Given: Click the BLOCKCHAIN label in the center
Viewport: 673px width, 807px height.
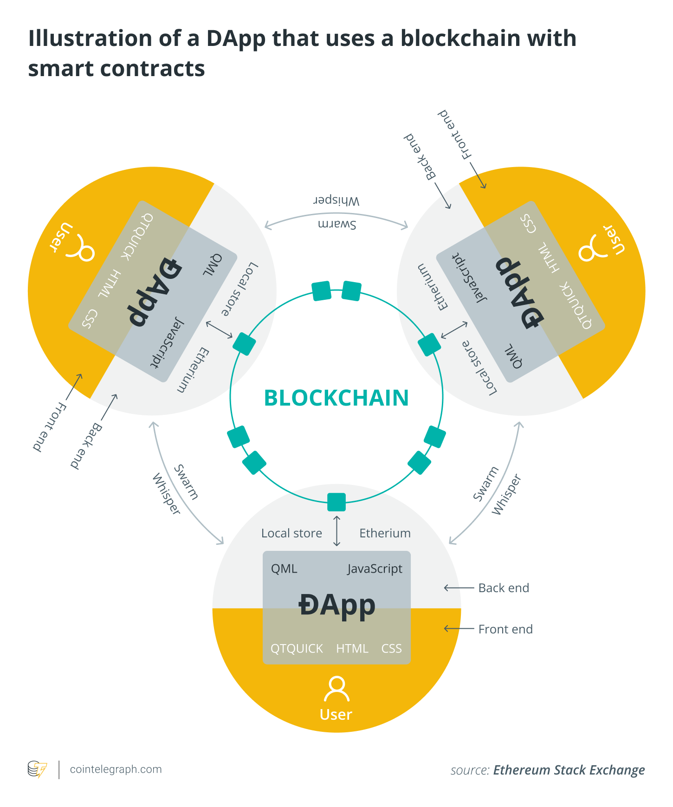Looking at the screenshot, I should pyautogui.click(x=336, y=398).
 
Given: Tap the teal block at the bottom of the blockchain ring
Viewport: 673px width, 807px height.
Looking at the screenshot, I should pyautogui.click(x=336, y=502).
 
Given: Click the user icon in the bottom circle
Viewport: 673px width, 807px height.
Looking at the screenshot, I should pyautogui.click(x=336, y=689).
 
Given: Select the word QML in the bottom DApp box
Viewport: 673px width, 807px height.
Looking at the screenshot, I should pyautogui.click(x=284, y=569).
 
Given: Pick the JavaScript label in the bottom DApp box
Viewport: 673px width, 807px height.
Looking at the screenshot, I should pyautogui.click(x=375, y=569).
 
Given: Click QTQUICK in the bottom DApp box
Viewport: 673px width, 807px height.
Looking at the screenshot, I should pyautogui.click(x=297, y=648).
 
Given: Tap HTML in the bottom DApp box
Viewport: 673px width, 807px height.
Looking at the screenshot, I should pyautogui.click(x=352, y=648).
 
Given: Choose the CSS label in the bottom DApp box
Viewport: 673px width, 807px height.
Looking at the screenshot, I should pyautogui.click(x=391, y=648).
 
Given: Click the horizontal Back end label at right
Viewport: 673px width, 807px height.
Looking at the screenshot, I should pyautogui.click(x=504, y=588).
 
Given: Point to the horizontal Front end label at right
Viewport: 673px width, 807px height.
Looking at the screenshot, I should pyautogui.click(x=505, y=629).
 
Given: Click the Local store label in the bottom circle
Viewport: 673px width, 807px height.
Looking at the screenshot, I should pyautogui.click(x=291, y=533).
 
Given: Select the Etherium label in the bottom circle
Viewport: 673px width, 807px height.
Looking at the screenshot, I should pyautogui.click(x=385, y=533).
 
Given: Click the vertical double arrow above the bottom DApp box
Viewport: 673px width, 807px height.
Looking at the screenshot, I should pyautogui.click(x=337, y=530).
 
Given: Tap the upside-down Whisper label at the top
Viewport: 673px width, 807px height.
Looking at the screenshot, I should pyautogui.click(x=336, y=200).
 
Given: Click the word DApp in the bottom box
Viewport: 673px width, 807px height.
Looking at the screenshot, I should pyautogui.click(x=336, y=605).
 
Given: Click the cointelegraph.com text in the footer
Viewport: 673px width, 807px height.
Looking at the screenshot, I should pyautogui.click(x=116, y=769).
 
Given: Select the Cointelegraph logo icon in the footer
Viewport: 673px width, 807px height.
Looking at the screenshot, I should pyautogui.click(x=37, y=769).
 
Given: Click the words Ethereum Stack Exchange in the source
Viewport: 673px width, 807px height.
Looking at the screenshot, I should pyautogui.click(x=569, y=770).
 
